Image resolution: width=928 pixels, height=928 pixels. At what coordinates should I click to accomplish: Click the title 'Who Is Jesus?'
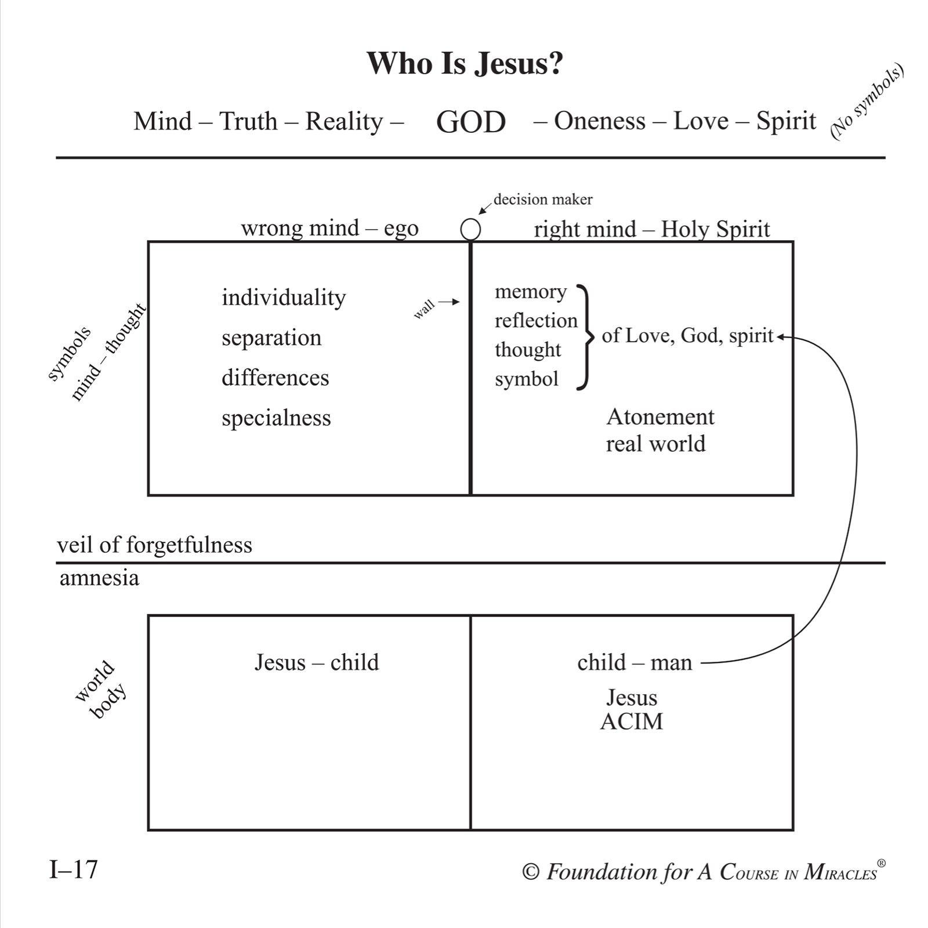(465, 63)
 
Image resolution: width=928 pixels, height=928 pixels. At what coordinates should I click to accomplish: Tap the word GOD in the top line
(471, 122)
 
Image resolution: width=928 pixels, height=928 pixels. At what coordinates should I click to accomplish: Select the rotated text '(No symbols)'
(867, 101)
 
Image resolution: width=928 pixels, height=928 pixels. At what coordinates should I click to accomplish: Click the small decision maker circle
(470, 230)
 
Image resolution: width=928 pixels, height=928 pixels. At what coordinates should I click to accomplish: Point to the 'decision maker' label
(543, 200)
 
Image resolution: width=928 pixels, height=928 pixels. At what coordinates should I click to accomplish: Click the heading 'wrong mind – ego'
(329, 228)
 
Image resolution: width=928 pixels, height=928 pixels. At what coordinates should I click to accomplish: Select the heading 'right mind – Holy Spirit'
(652, 229)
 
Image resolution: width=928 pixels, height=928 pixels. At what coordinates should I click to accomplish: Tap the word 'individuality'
(284, 298)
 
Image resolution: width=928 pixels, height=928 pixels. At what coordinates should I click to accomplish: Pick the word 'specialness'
(276, 418)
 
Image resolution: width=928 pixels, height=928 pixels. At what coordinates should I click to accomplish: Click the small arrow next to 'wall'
(449, 302)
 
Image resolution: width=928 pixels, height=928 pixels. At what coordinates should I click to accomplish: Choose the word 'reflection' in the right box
(536, 320)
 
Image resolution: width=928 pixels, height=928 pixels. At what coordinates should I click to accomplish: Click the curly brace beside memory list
(587, 336)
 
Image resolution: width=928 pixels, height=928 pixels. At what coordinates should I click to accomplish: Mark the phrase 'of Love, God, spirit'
(687, 335)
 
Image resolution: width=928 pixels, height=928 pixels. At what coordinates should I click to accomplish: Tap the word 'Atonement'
(660, 416)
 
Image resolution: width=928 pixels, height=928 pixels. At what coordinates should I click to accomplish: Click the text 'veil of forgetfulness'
(154, 545)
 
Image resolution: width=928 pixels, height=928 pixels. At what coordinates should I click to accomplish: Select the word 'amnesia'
(99, 578)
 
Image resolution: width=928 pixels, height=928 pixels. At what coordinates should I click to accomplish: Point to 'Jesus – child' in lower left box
(317, 662)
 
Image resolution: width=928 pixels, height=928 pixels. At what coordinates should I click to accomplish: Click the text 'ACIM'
(632, 722)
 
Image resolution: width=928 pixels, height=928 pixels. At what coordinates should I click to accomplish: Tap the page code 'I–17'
(74, 869)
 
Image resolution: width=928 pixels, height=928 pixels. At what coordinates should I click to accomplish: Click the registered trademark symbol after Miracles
(882, 863)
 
